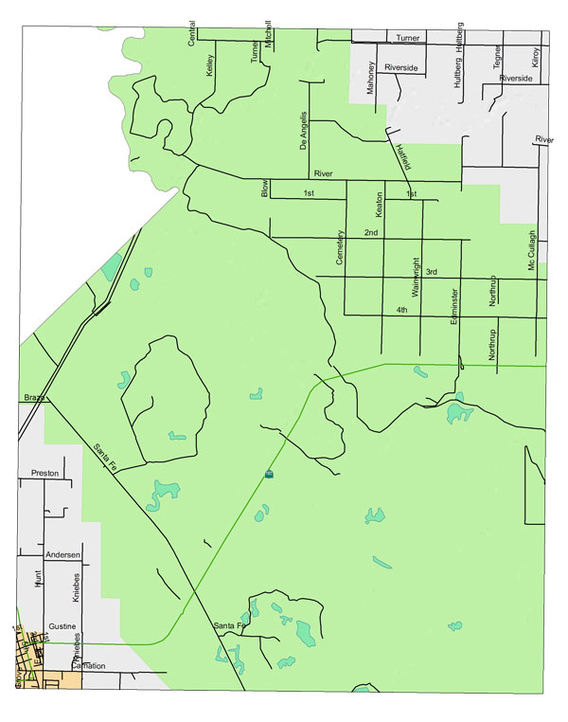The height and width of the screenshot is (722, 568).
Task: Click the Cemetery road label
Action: [338, 248]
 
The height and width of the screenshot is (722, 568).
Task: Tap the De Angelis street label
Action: [304, 131]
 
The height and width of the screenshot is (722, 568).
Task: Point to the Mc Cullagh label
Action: [532, 252]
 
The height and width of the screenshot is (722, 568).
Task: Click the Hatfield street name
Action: [401, 154]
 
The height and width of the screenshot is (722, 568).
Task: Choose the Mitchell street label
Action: [268, 34]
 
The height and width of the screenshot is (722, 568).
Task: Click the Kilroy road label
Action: [535, 58]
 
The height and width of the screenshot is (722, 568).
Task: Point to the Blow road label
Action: [266, 189]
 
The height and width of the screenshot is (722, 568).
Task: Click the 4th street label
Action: [402, 310]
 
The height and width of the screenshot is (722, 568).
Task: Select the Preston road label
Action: [44, 473]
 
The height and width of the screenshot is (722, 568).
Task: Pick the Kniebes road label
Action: [77, 588]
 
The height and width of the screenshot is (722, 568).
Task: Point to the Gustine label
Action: [62, 627]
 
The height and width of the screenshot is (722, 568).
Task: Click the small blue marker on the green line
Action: [269, 473]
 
